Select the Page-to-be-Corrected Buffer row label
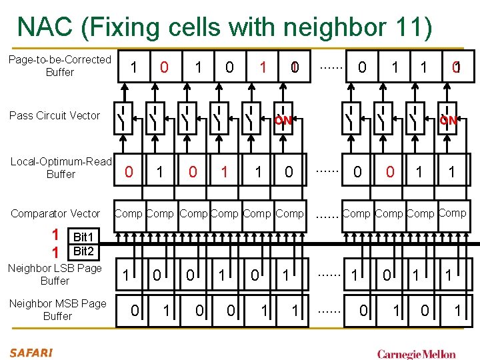click(60, 65)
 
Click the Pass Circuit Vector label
click(55, 115)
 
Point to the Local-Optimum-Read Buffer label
click(61, 167)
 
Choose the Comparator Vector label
click(56, 213)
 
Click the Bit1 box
click(85, 237)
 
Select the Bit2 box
click(85, 251)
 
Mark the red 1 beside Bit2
click(56, 252)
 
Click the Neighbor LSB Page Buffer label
click(55, 274)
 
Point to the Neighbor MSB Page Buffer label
click(57, 309)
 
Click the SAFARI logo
click(31, 352)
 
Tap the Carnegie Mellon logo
click(416, 353)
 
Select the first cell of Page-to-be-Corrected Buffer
click(134, 67)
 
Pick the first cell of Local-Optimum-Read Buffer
click(129, 172)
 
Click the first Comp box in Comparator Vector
click(128, 213)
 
